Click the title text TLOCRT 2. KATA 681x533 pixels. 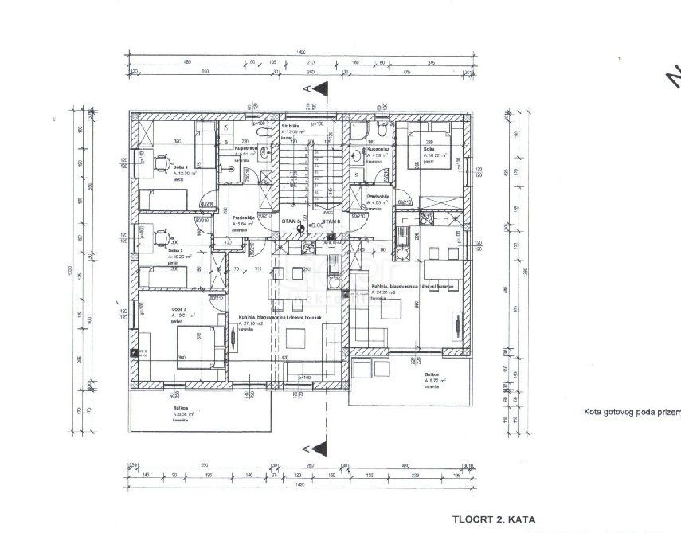coord(493,519)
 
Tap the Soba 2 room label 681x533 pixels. coord(175,249)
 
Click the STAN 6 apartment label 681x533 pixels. coord(331,221)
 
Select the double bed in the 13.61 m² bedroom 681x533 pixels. coord(193,345)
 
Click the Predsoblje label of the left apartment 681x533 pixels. coord(243,218)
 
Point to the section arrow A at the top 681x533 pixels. coord(315,92)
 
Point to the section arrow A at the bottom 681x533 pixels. coord(315,447)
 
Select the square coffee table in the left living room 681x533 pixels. coord(298,337)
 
